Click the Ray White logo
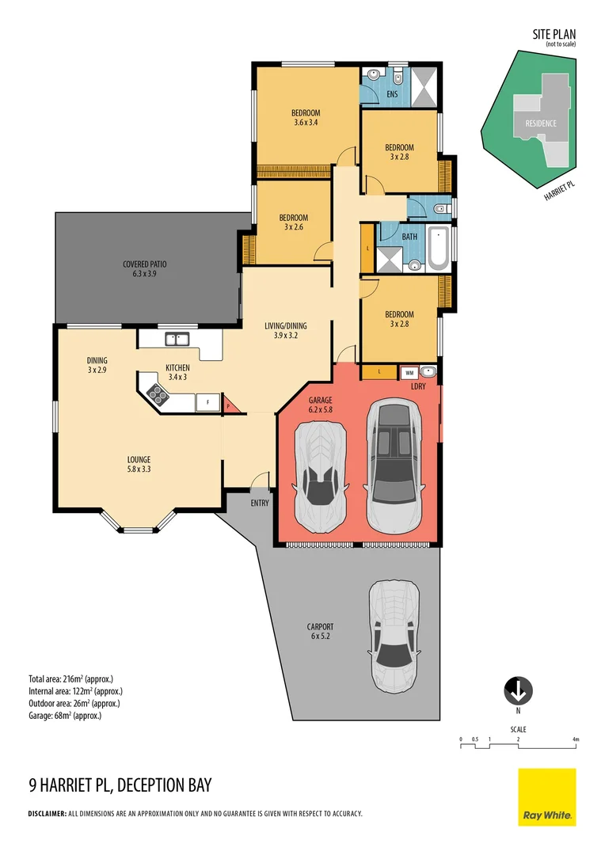[547, 797]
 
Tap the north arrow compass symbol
[518, 690]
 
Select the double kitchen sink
[176, 339]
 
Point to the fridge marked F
[207, 402]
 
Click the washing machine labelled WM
[409, 372]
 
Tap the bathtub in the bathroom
[437, 248]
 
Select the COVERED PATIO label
[144, 269]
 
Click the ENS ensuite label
[391, 95]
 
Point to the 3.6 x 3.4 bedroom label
[306, 117]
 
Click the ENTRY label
[259, 503]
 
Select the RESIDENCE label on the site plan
[535, 123]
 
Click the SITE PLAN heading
[554, 34]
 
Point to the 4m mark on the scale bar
[576, 739]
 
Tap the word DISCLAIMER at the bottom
[47, 814]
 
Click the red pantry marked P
[228, 405]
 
